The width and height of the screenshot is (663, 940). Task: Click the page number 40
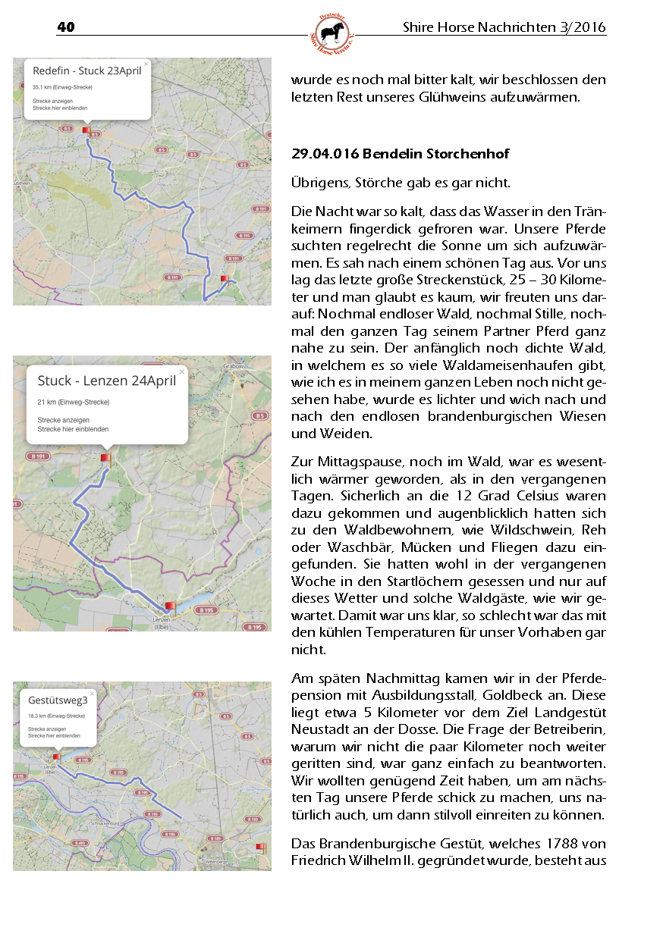click(66, 28)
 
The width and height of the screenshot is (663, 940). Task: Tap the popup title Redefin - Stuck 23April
click(87, 71)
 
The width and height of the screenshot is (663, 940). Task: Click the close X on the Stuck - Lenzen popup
click(182, 371)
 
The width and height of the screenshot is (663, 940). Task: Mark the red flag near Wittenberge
click(261, 847)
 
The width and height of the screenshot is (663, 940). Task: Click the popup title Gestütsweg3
click(58, 700)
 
